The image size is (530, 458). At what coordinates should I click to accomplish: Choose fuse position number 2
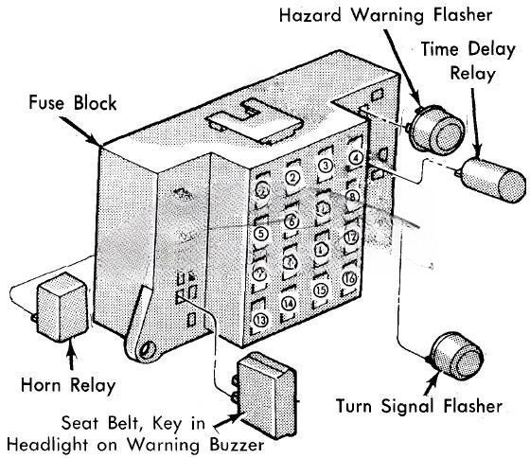click(x=292, y=177)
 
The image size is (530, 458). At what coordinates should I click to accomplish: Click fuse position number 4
click(x=355, y=158)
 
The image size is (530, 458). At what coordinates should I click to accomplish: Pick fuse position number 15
click(x=322, y=290)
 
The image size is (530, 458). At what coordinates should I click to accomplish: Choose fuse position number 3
click(x=324, y=167)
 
